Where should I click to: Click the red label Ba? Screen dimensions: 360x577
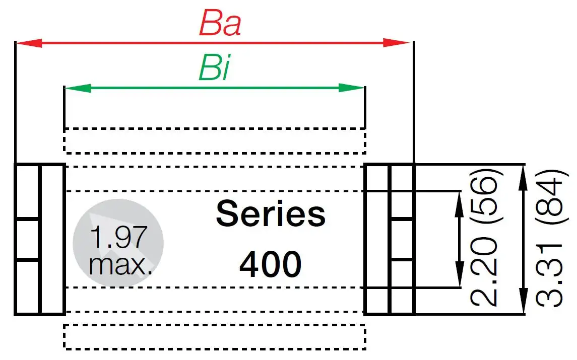[x=220, y=23]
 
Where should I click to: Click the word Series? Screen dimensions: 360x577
[x=271, y=213]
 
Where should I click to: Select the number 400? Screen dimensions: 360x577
[x=271, y=264]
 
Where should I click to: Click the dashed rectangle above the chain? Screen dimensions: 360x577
[x=215, y=140]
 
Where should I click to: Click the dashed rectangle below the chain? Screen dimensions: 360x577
[x=215, y=337]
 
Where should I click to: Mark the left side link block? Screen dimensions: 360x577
[x=40, y=239]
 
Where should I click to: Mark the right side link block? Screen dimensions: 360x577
[x=389, y=239]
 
